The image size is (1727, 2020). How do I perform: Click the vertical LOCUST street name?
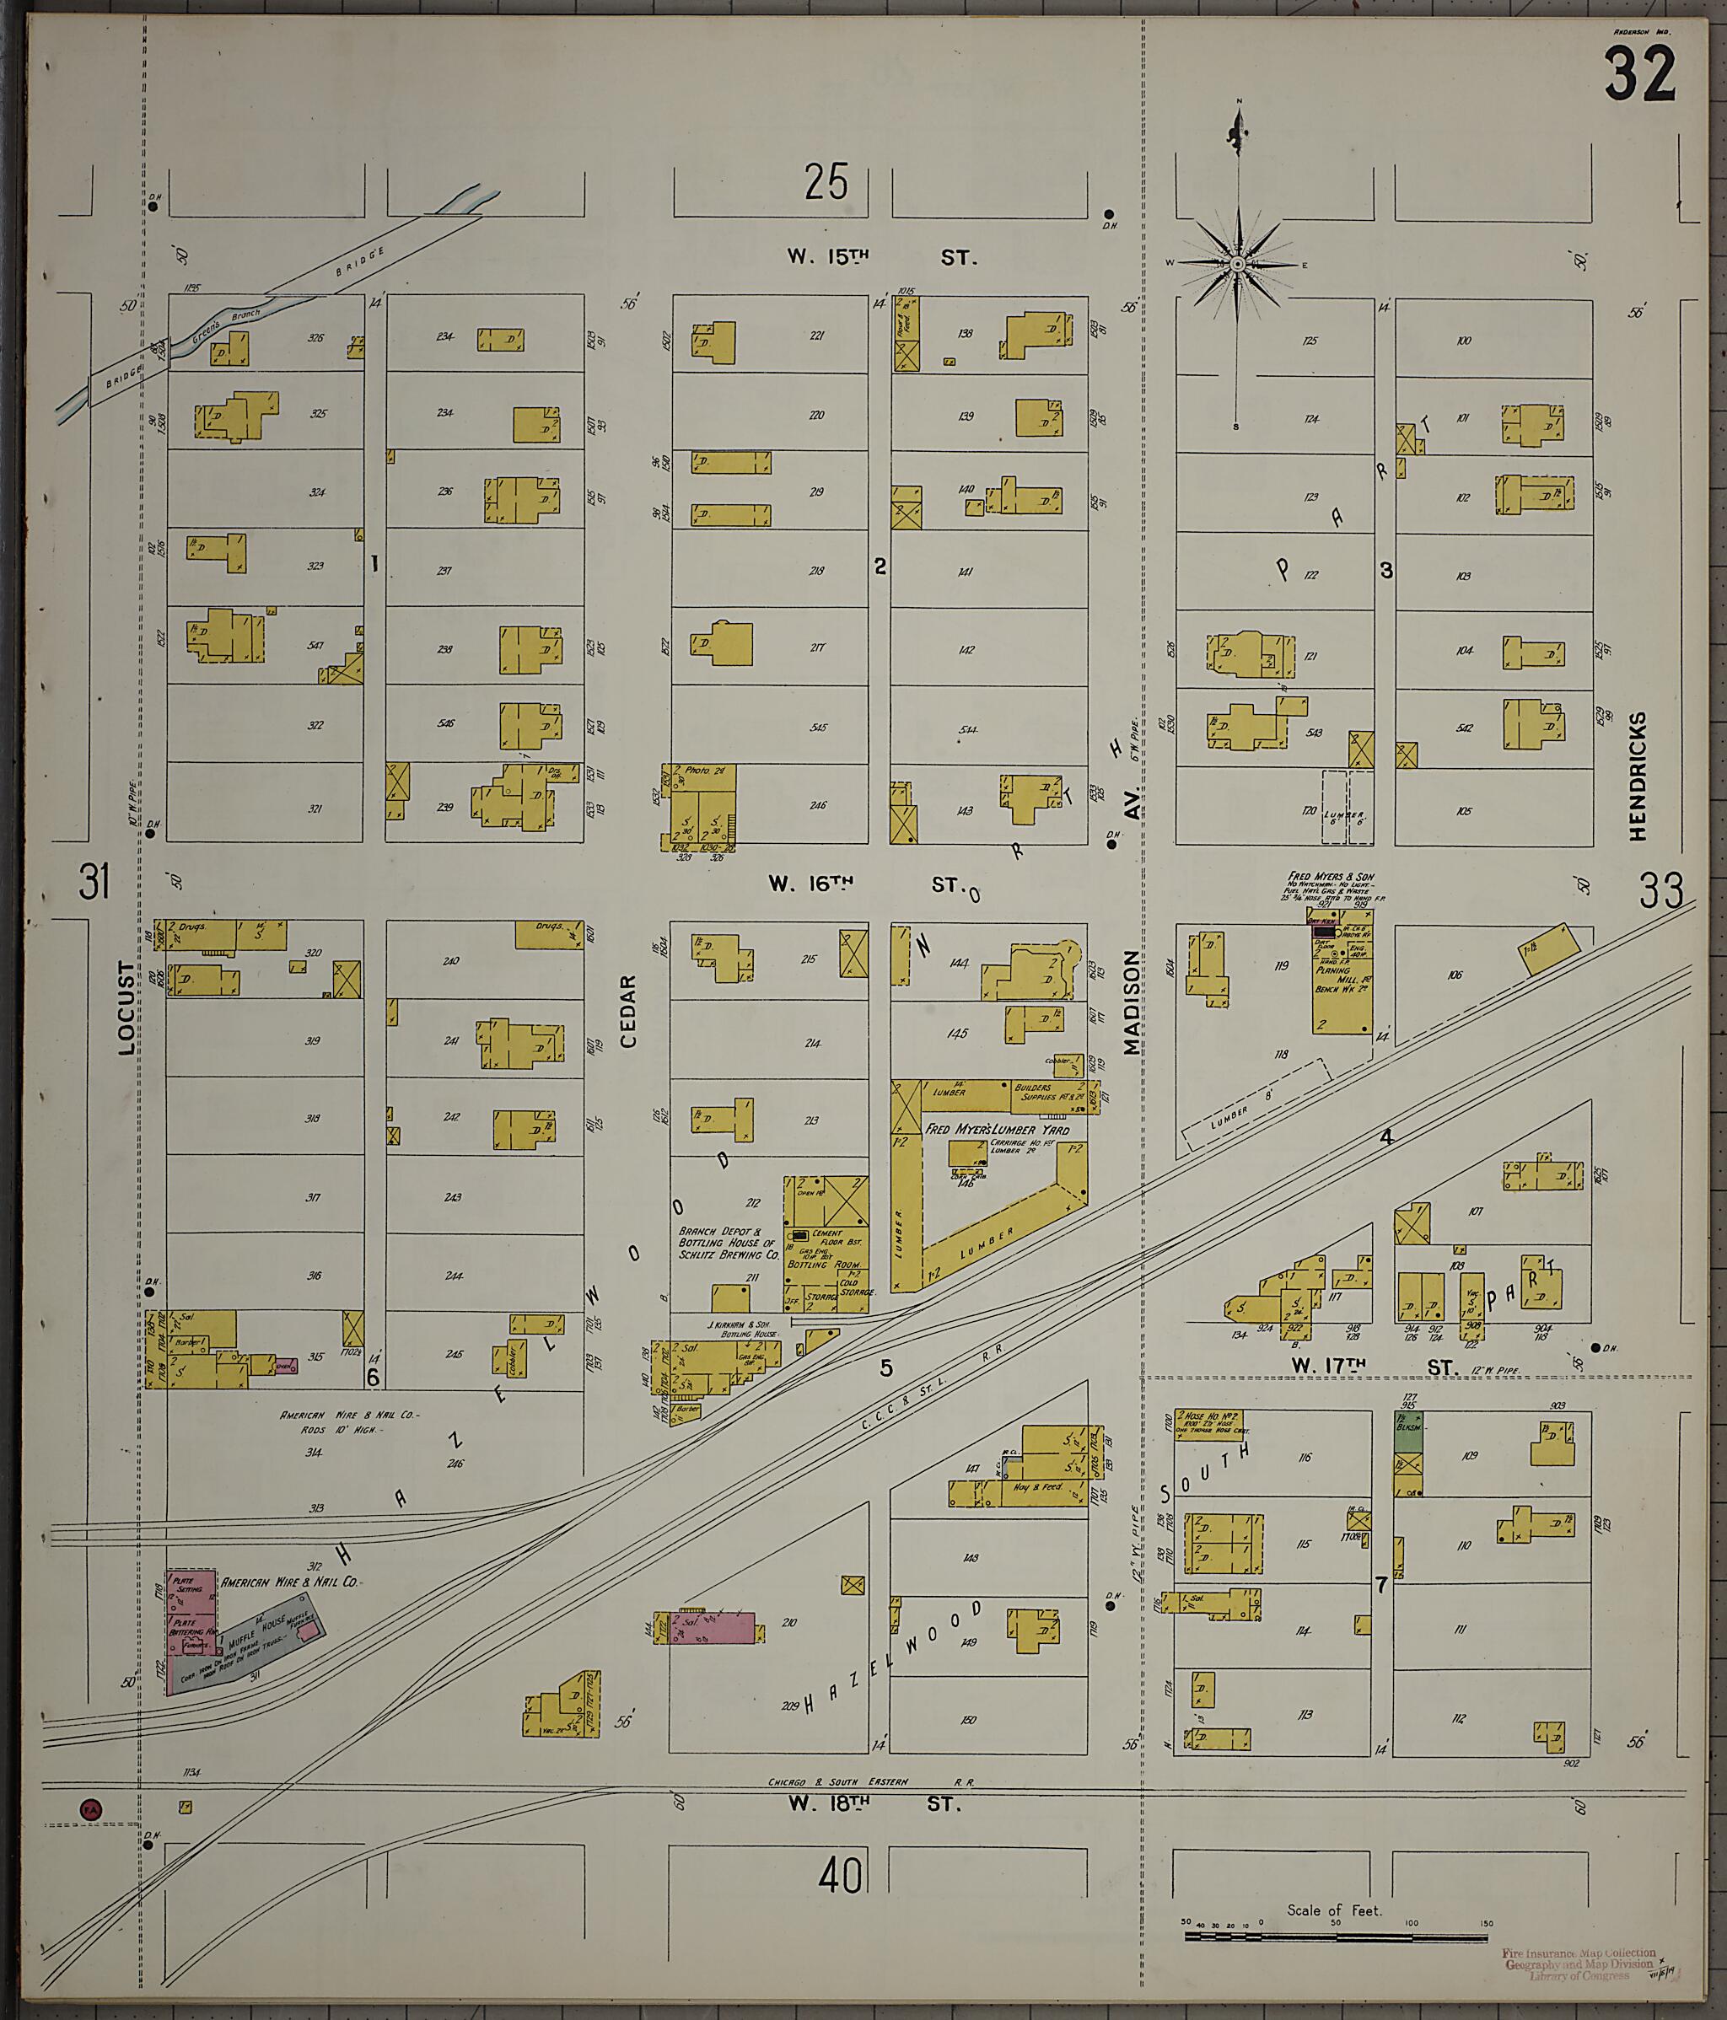[x=126, y=1008]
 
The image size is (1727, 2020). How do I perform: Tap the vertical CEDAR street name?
[x=628, y=1011]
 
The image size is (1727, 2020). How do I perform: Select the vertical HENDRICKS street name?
[x=1638, y=776]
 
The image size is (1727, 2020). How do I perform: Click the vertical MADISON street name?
[x=1130, y=1003]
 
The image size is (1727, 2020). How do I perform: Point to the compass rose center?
[x=1237, y=264]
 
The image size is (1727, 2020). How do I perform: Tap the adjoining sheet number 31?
[x=94, y=884]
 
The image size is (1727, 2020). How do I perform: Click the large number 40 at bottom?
[x=841, y=1875]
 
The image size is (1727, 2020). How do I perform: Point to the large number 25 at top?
[x=826, y=182]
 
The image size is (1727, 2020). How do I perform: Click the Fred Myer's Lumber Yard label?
[x=997, y=1129]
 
